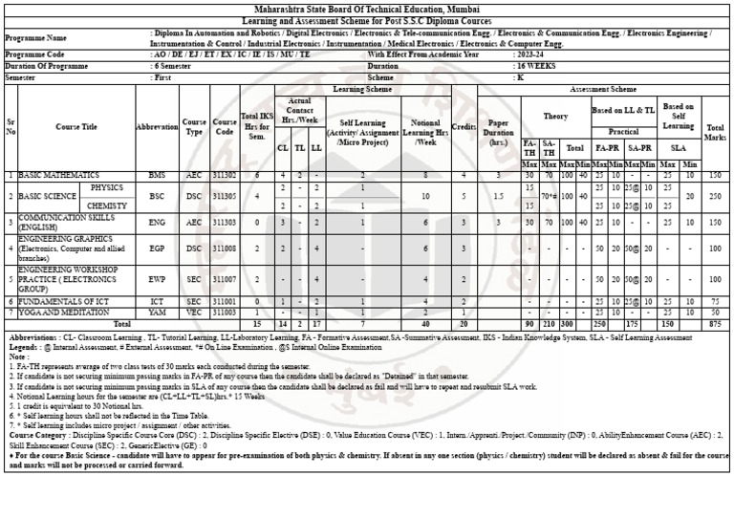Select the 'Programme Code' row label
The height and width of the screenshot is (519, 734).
pyautogui.click(x=35, y=55)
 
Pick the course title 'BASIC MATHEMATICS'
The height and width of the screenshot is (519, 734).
pyautogui.click(x=59, y=176)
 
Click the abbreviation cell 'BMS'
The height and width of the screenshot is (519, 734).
pyautogui.click(x=157, y=176)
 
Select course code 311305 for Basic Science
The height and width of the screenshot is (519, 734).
pyautogui.click(x=225, y=196)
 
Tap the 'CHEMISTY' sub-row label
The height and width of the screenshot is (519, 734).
pyautogui.click(x=107, y=205)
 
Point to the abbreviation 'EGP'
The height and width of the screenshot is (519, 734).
pyautogui.click(x=157, y=249)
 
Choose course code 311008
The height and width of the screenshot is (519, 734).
pyautogui.click(x=225, y=249)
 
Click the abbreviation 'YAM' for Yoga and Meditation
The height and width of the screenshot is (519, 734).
pyautogui.click(x=157, y=313)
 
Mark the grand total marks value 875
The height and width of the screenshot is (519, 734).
pyautogui.click(x=715, y=324)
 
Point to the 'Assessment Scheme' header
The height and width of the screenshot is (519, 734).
pyautogui.click(x=603, y=89)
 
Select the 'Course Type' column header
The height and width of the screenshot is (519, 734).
pyautogui.click(x=194, y=127)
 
